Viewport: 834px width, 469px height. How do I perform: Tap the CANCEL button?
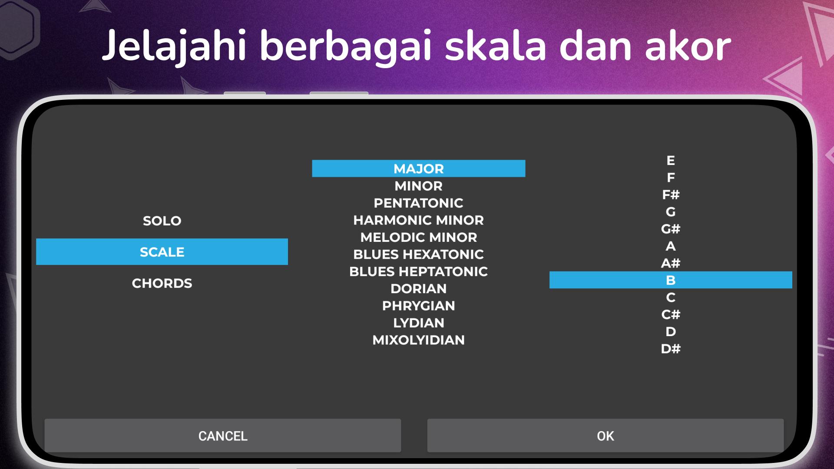(222, 436)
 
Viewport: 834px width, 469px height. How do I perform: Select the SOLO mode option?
(162, 221)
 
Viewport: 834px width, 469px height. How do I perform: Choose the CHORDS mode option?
(162, 283)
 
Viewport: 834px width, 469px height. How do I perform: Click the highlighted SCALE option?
(162, 251)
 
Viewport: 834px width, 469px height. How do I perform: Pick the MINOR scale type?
(418, 186)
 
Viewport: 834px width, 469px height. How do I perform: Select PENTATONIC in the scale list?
(418, 203)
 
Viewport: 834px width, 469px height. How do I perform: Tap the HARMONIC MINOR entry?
(418, 220)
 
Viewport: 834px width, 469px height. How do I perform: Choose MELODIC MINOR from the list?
(418, 237)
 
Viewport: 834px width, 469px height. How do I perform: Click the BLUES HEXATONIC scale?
(418, 254)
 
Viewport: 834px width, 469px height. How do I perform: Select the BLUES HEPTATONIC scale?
(418, 271)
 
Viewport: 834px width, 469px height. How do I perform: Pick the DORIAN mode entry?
(418, 288)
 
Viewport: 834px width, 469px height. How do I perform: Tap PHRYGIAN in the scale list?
(418, 306)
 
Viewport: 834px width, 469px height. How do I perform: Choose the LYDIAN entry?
(418, 323)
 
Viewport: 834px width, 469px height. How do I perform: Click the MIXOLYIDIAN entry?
(418, 340)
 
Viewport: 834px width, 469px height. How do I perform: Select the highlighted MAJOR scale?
(418, 168)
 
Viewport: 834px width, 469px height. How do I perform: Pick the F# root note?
(671, 195)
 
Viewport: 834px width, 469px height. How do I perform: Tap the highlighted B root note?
(671, 280)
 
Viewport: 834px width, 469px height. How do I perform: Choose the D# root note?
(671, 349)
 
